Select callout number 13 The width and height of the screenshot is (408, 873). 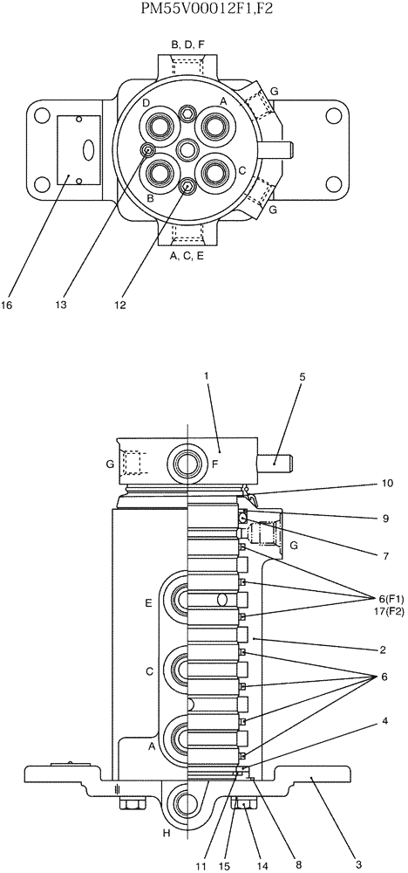coord(61,305)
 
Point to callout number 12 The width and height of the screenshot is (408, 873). coord(120,305)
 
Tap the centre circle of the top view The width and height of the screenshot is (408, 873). coord(186,149)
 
